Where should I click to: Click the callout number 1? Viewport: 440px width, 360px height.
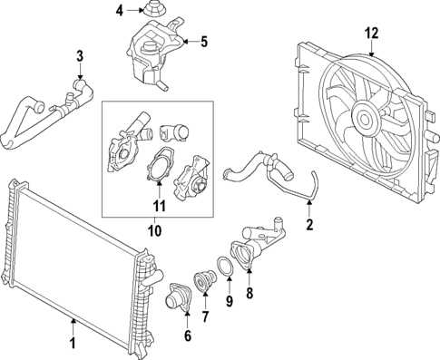(73, 345)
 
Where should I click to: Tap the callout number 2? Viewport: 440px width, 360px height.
(309, 224)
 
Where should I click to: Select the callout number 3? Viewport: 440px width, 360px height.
(80, 57)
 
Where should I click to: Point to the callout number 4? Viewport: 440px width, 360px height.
(119, 11)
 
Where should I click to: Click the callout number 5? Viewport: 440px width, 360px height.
(204, 41)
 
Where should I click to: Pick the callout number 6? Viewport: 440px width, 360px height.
(188, 336)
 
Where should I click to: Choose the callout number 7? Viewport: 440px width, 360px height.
(206, 316)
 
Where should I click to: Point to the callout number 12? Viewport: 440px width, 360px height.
(370, 34)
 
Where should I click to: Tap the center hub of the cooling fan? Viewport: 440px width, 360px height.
(368, 118)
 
